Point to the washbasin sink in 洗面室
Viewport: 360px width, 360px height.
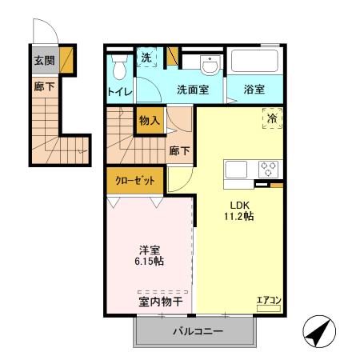coord(206,64)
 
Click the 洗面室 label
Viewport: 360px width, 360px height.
coord(192,90)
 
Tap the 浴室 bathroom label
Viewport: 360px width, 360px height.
coord(255,90)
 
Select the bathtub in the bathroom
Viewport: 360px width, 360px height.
coord(255,63)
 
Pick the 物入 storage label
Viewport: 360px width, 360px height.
coord(150,121)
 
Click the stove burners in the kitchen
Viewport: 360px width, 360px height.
coord(269,170)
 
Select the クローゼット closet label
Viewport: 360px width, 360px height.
coord(135,180)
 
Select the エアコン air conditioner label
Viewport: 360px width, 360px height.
coord(268,301)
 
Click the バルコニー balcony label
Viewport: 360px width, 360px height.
coord(197,331)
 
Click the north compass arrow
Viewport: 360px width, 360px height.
coord(318,329)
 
